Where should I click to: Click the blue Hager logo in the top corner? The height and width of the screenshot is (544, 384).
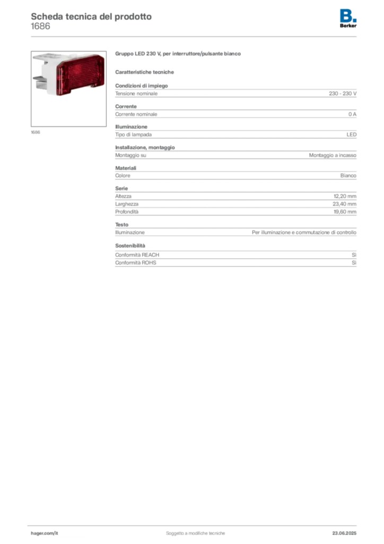(349, 15)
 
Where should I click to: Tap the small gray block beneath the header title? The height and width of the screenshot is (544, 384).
(40, 30)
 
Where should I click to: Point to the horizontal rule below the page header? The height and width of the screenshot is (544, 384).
(195, 36)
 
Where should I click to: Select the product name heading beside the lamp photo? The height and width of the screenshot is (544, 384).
(178, 55)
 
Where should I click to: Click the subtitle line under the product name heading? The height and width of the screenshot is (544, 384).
(146, 72)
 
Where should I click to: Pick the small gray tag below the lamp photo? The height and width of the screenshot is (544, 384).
(36, 132)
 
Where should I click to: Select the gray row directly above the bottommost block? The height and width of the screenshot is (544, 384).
(235, 231)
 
